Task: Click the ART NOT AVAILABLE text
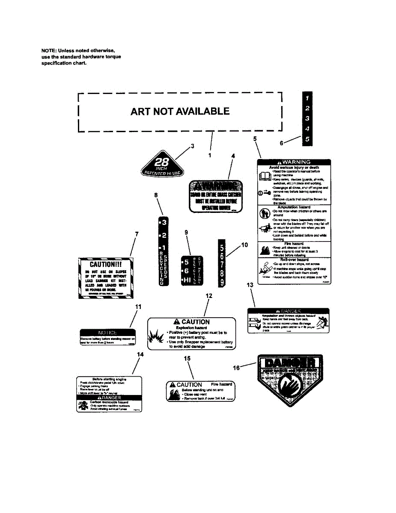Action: click(x=180, y=112)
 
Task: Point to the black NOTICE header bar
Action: click(x=108, y=333)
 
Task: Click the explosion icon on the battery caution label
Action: click(x=154, y=339)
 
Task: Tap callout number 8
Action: click(x=156, y=195)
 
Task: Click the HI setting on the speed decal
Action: click(x=187, y=280)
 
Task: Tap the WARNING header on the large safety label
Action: click(x=294, y=162)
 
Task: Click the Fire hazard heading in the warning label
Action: click(x=294, y=244)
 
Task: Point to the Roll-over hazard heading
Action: click(x=294, y=259)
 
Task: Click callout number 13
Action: click(x=250, y=284)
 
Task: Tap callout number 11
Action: click(x=138, y=307)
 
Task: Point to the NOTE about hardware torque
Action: click(x=81, y=56)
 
